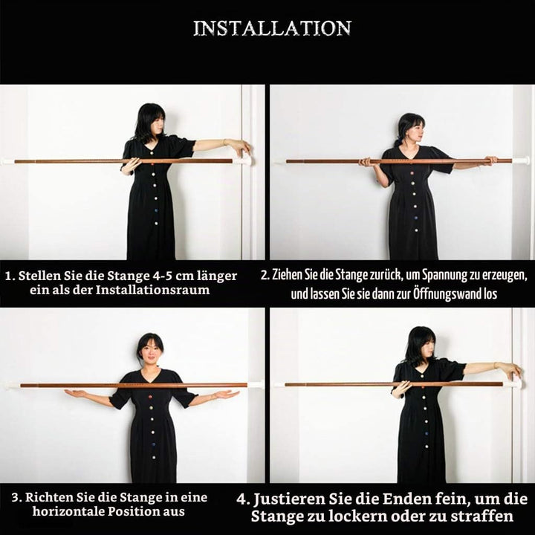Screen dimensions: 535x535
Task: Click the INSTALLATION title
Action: [x=272, y=28]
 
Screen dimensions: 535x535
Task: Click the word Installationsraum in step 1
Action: [x=152, y=290]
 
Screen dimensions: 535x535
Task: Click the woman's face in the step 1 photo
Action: [x=159, y=125]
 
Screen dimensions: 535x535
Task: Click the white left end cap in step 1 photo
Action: [x=7, y=161]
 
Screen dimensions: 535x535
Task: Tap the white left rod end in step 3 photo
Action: [x=11, y=386]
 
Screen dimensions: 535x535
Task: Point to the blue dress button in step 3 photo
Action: [x=152, y=445]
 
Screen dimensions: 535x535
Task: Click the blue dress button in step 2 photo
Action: [x=416, y=218]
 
